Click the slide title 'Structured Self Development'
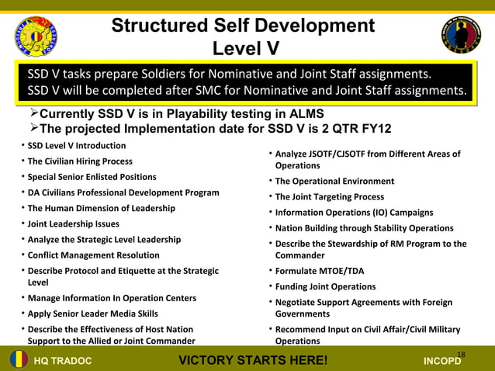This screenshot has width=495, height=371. tap(243, 25)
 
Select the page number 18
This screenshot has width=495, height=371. tap(461, 355)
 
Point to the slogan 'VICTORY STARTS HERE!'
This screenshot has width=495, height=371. tap(253, 361)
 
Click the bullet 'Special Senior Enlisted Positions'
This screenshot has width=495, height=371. tap(92, 177)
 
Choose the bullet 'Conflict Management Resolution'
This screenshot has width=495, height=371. tap(93, 255)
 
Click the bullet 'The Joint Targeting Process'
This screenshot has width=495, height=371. tap(329, 197)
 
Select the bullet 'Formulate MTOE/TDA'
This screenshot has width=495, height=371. tap(319, 271)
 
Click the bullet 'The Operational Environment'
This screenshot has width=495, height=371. tap(334, 182)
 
